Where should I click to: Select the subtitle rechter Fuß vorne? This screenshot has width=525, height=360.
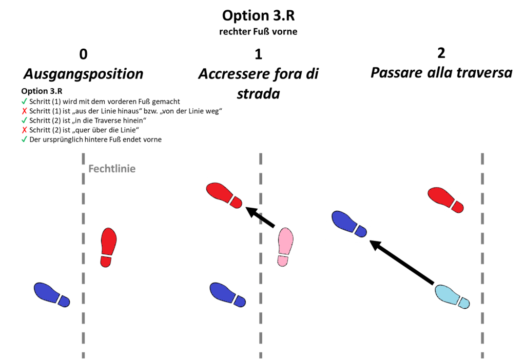[x=258, y=32]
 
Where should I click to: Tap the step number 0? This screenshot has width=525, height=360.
[x=83, y=54]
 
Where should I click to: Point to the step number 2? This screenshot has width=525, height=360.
[x=441, y=53]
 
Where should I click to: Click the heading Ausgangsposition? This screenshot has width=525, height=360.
[x=83, y=74]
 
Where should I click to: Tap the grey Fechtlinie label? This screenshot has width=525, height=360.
[x=112, y=169]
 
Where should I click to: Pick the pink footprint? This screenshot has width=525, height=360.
[x=284, y=247]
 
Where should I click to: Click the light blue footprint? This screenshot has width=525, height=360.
[x=452, y=297]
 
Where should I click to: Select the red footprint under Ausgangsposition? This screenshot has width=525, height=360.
[x=108, y=248]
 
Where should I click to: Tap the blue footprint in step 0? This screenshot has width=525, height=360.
[x=51, y=295]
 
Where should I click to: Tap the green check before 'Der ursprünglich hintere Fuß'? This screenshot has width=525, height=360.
[x=24, y=139]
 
